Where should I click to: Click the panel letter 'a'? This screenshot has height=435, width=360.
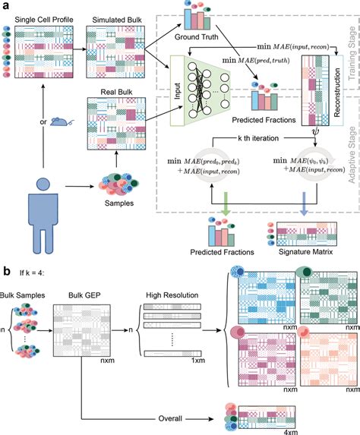pyautogui.click(x=5, y=7)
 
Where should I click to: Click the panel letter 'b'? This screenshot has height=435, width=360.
pyautogui.click(x=6, y=270)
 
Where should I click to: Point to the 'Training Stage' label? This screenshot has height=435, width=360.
pyautogui.click(x=349, y=61)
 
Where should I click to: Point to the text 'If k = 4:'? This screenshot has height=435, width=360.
pyautogui.click(x=39, y=274)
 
